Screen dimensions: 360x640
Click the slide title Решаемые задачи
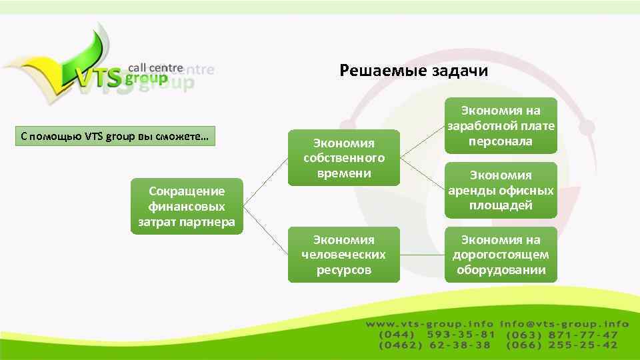click(413, 71)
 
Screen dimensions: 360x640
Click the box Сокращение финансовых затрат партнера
click(187, 207)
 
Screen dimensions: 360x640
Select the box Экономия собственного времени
click(344, 158)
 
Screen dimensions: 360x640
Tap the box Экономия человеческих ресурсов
click(344, 255)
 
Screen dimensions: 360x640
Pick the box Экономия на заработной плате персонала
click(500, 126)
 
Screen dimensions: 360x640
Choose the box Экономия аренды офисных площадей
click(500, 190)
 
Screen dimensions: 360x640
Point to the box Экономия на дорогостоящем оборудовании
click(500, 255)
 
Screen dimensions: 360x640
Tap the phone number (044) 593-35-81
click(437, 335)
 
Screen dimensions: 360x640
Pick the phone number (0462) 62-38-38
click(435, 345)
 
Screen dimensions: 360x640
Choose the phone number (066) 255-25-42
click(562, 345)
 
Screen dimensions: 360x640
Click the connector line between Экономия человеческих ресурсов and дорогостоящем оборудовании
click(423, 255)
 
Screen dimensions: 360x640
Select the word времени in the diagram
click(344, 173)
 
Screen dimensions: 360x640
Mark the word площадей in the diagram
click(500, 205)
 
